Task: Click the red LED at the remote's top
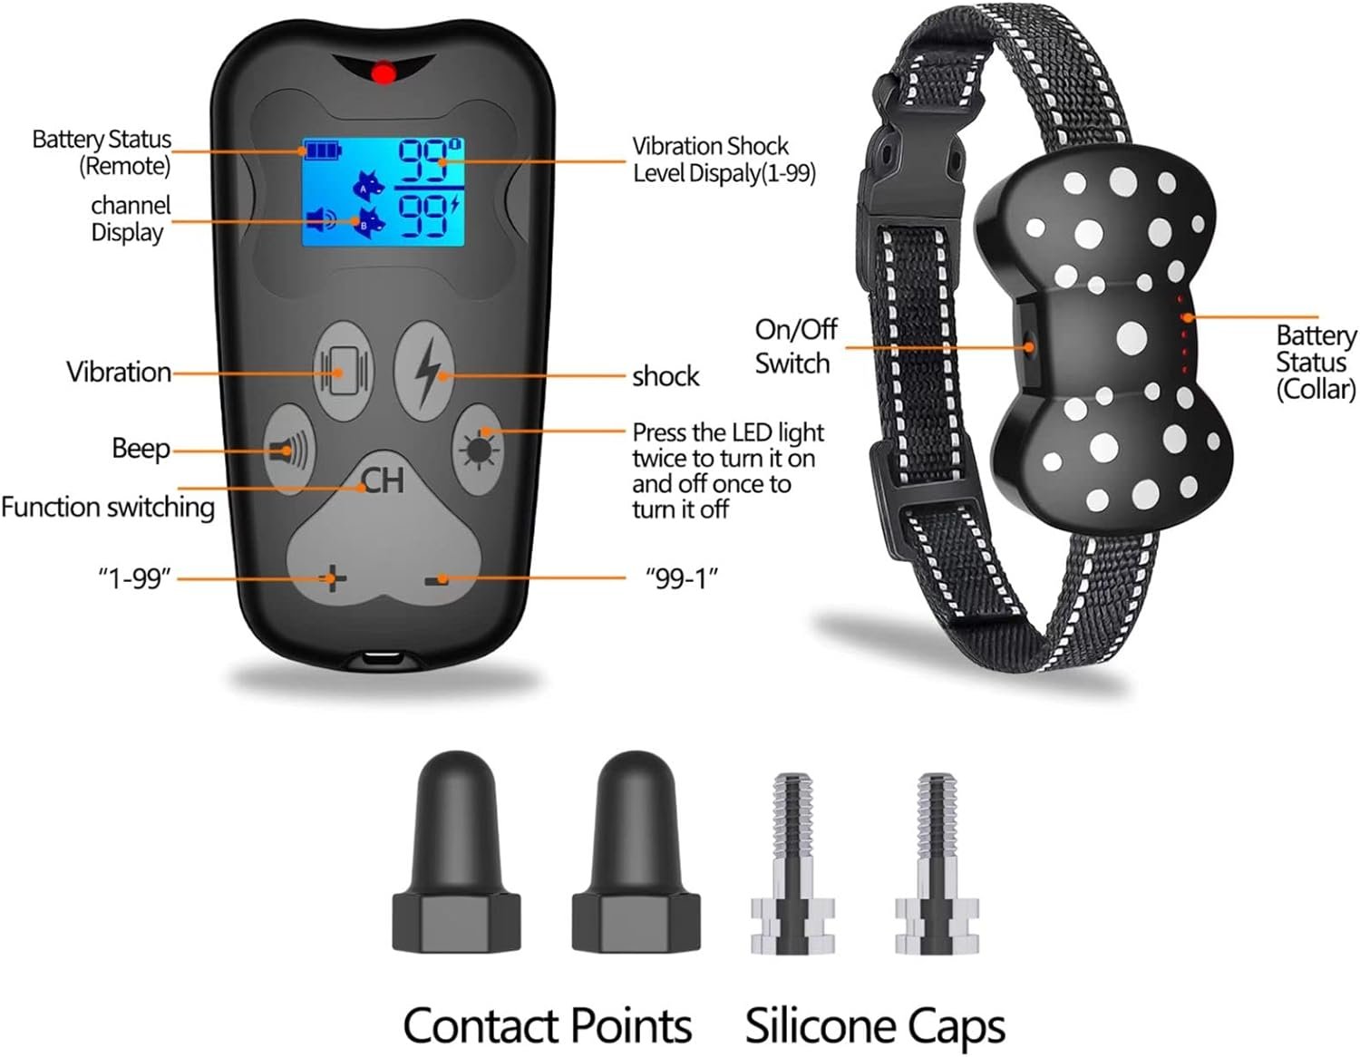click(384, 73)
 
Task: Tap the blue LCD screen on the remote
click(384, 191)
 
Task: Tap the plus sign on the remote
click(334, 577)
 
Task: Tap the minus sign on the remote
click(441, 578)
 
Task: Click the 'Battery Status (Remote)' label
click(102, 152)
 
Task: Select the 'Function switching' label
click(107, 507)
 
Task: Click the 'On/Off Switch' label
click(795, 346)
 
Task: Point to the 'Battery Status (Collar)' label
click(1315, 362)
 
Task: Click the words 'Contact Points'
click(547, 1025)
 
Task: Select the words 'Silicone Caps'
click(875, 1025)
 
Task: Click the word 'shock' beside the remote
click(665, 376)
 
